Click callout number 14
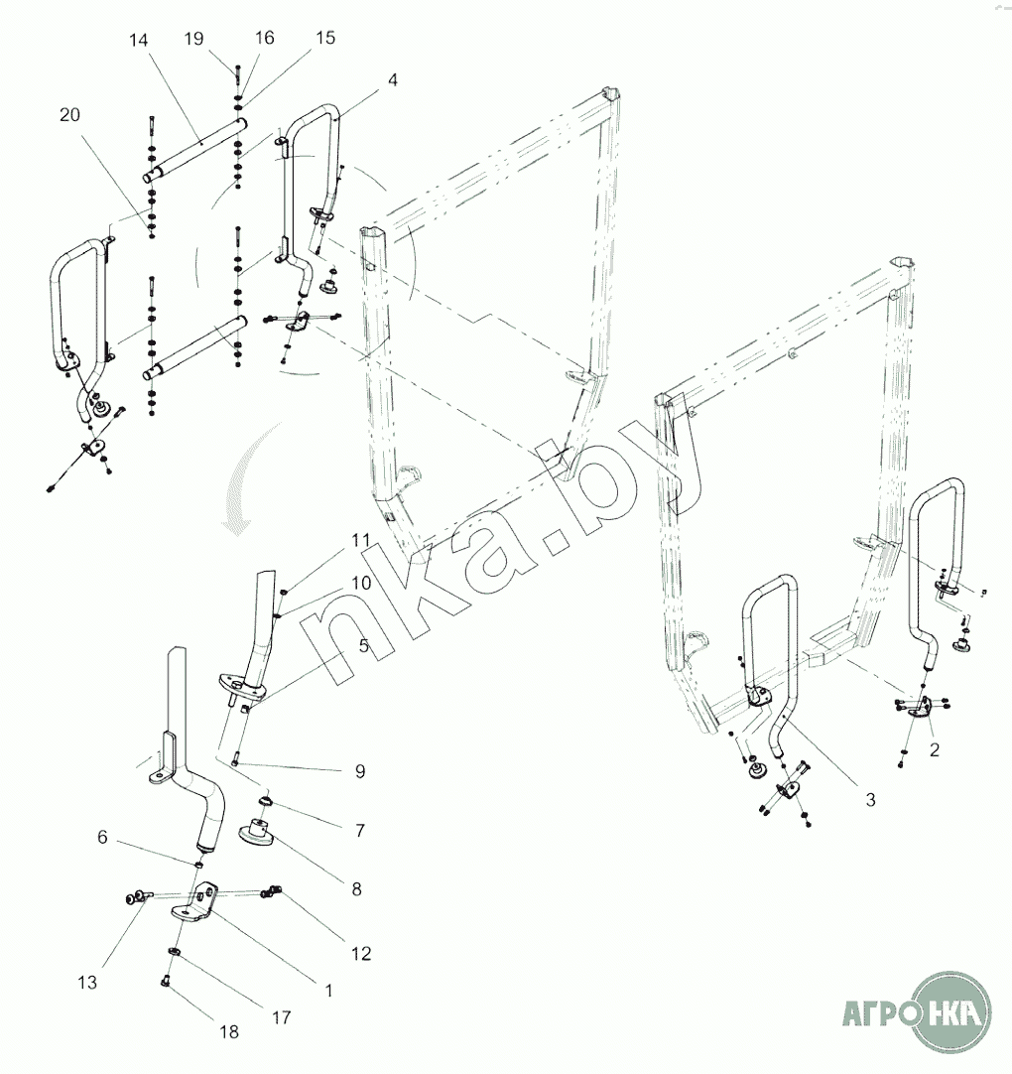coord(138,41)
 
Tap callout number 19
coord(193,39)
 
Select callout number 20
coord(69,114)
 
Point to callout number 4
coord(392,80)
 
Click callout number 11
coord(361,540)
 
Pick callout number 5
coord(363,645)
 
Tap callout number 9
coord(360,771)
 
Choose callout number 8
coord(357,889)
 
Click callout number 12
coord(361,953)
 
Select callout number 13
coord(87,983)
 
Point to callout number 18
coord(229,1031)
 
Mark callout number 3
coord(870,799)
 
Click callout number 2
coord(935,749)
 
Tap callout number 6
coord(102,837)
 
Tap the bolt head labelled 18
coord(165,982)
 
